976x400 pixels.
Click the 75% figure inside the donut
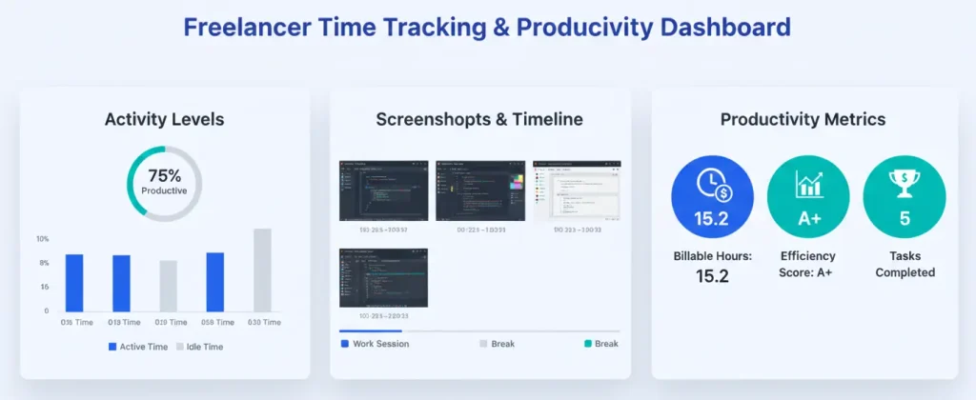[164, 175]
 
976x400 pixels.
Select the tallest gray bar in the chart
[262, 270]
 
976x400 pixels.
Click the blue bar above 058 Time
[214, 282]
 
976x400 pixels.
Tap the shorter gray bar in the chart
[168, 286]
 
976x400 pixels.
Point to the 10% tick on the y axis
[42, 238]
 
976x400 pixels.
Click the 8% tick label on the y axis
[43, 262]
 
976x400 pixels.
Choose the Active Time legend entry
[139, 347]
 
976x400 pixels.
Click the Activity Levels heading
[164, 120]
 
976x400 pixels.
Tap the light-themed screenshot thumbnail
[577, 190]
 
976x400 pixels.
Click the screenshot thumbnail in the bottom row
[383, 277]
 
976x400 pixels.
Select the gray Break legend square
[483, 343]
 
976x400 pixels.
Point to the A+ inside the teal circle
[808, 218]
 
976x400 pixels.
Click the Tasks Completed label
[904, 264]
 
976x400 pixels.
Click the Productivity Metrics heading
[803, 120]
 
